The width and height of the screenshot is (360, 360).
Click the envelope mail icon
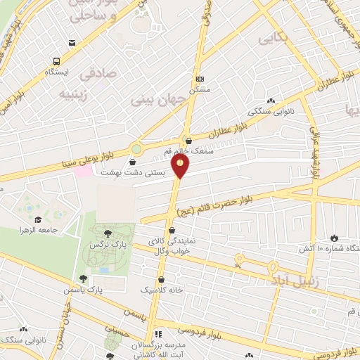(72, 44)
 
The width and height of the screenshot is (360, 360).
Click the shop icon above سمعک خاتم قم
(187, 141)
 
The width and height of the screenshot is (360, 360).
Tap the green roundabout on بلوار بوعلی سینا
(136, 149)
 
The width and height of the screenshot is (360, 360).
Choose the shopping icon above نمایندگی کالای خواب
(172, 231)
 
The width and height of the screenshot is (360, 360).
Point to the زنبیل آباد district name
(294, 280)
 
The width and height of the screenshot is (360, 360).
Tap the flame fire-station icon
(333, 238)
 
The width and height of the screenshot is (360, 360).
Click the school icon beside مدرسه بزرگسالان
(157, 334)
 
